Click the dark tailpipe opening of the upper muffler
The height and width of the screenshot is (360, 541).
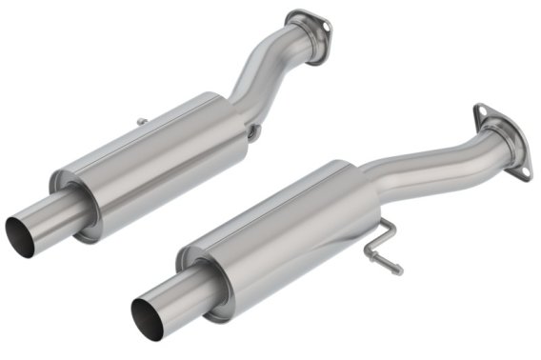click(19, 230)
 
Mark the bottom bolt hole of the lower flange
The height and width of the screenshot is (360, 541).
click(519, 170)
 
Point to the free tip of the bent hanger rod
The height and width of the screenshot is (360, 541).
click(397, 270)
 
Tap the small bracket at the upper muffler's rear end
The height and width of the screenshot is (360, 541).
click(253, 133)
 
